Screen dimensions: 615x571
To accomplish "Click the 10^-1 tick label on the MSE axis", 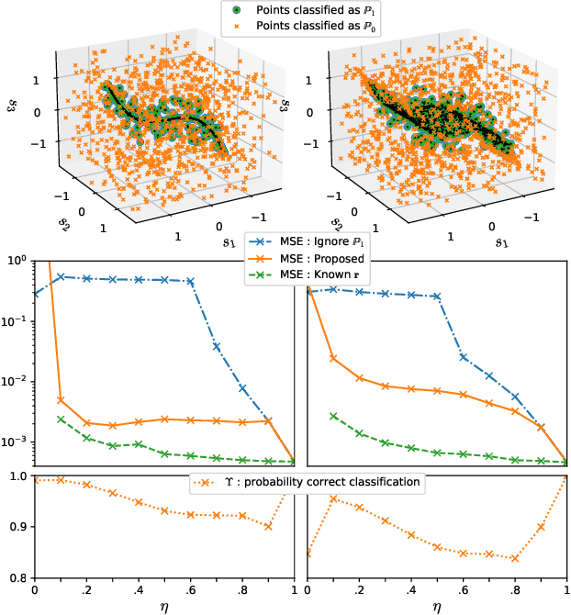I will (x=17, y=320).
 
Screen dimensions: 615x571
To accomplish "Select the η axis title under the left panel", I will (x=163, y=607).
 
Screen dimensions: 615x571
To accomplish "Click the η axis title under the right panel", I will (x=437, y=607).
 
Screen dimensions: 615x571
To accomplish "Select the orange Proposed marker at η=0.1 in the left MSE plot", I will (x=61, y=400).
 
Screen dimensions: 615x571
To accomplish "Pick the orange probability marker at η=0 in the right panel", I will (x=307, y=553).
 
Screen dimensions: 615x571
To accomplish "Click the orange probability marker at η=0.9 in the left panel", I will (x=269, y=526).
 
